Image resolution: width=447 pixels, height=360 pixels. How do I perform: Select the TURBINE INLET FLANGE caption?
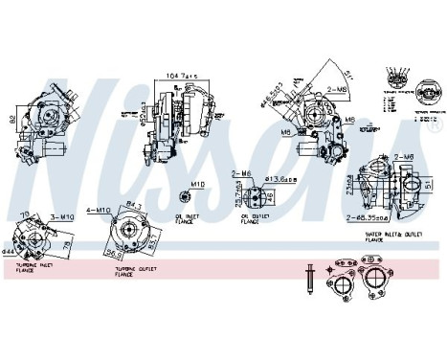coord(33,270)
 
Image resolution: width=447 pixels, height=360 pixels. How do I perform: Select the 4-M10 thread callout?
coord(101,208)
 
